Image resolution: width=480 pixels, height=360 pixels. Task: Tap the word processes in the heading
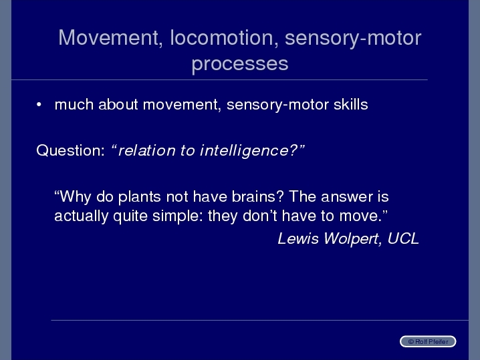(x=240, y=64)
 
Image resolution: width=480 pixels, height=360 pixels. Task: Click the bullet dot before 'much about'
(x=39, y=105)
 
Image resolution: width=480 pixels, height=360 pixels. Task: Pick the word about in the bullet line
(x=118, y=104)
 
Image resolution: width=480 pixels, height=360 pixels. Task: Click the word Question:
(x=70, y=150)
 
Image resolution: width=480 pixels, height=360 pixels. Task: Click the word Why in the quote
(x=75, y=196)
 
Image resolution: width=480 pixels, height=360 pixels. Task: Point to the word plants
(x=139, y=196)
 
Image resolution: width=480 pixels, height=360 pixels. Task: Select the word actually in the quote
(x=81, y=216)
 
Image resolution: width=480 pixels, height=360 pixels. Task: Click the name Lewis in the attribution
(x=298, y=238)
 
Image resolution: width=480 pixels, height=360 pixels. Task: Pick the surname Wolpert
(x=352, y=239)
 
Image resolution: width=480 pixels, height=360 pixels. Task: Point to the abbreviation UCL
(x=403, y=238)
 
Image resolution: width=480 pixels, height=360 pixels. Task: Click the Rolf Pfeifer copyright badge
(x=428, y=341)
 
